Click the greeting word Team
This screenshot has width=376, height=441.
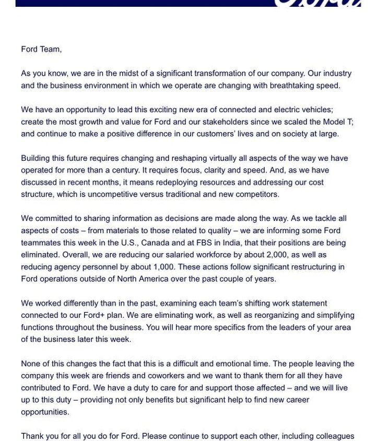51,50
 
